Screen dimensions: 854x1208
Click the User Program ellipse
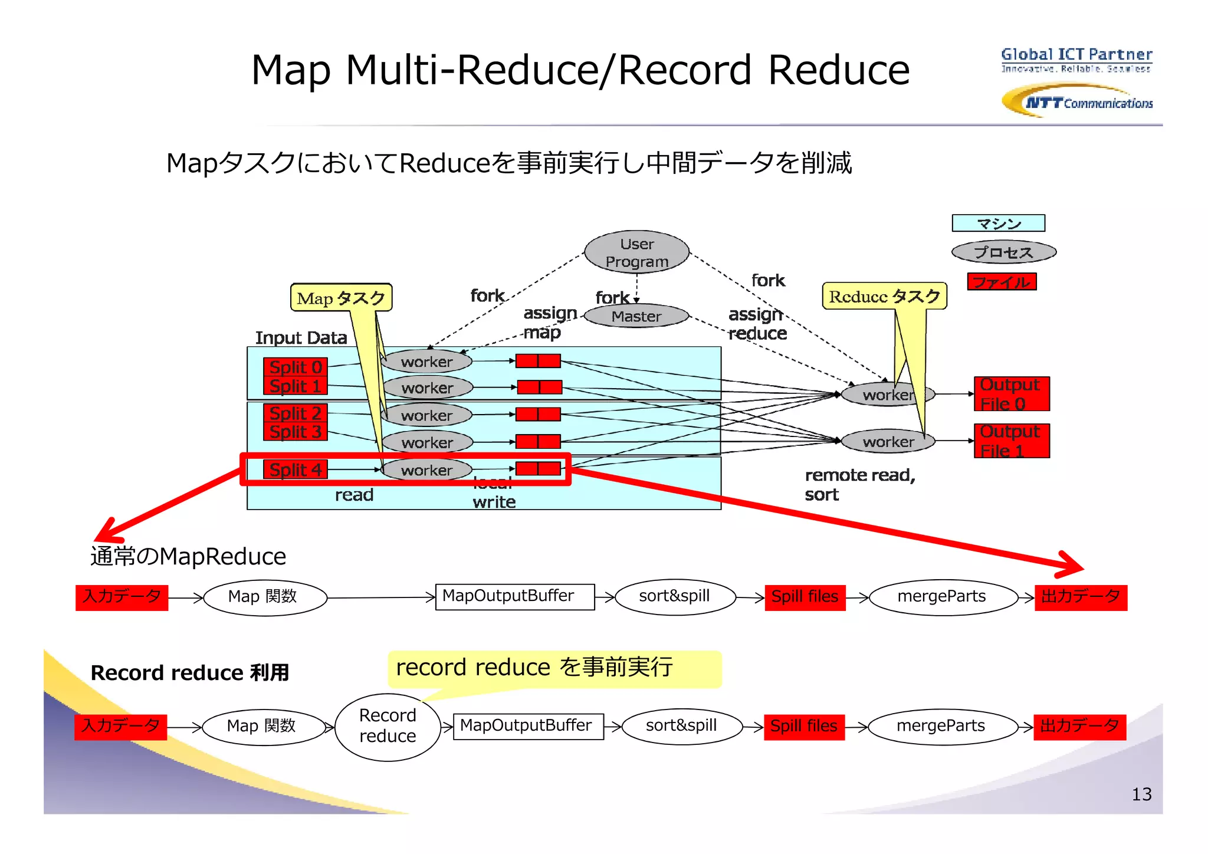(x=636, y=252)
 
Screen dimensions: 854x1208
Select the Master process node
(x=636, y=316)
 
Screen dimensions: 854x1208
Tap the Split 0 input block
(x=295, y=367)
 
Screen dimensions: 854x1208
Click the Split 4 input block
(x=295, y=469)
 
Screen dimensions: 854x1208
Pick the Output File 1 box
(x=1011, y=441)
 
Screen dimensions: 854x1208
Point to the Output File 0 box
(x=1011, y=393)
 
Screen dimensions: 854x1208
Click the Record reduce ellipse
(x=388, y=726)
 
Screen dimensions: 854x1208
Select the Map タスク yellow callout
(x=341, y=298)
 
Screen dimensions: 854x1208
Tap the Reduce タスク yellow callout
(x=884, y=296)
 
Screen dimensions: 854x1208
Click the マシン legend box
(x=998, y=224)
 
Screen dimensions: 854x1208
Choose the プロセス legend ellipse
(x=1003, y=252)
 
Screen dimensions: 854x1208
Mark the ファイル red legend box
(x=1002, y=282)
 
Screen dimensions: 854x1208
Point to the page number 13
(x=1141, y=794)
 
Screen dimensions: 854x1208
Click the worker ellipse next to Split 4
(x=426, y=470)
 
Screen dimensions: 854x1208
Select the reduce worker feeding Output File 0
(x=887, y=394)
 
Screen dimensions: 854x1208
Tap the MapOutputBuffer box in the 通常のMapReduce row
(x=514, y=596)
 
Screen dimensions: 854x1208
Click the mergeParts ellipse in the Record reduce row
(x=941, y=726)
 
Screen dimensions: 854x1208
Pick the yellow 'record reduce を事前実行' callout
(x=553, y=668)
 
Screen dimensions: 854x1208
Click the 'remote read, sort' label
(x=859, y=484)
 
